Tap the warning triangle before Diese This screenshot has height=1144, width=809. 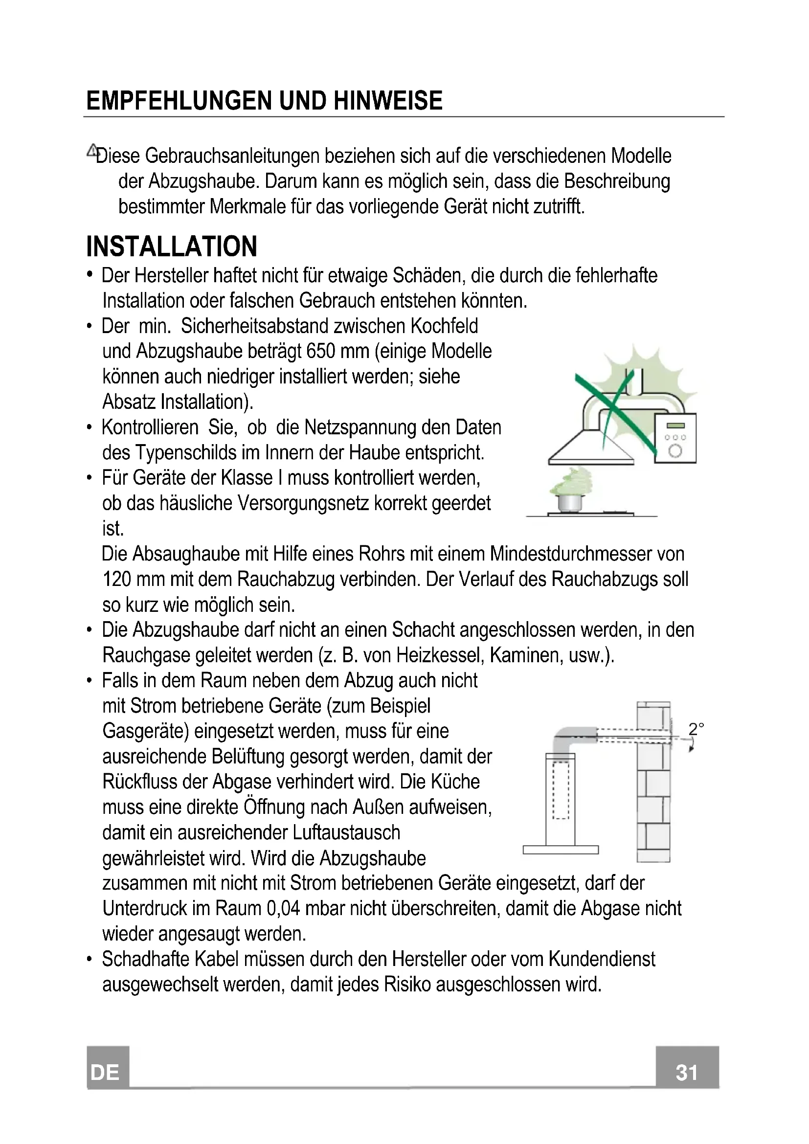[92, 150]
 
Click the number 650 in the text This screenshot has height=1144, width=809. [320, 351]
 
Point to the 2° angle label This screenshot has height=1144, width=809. [696, 729]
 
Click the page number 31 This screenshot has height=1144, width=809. [686, 1072]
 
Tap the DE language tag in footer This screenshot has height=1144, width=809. [105, 1072]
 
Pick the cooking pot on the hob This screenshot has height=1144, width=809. [570, 502]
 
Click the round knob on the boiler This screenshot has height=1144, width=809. [675, 451]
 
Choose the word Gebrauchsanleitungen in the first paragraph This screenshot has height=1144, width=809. [232, 156]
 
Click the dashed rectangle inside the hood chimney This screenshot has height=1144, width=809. [561, 790]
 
